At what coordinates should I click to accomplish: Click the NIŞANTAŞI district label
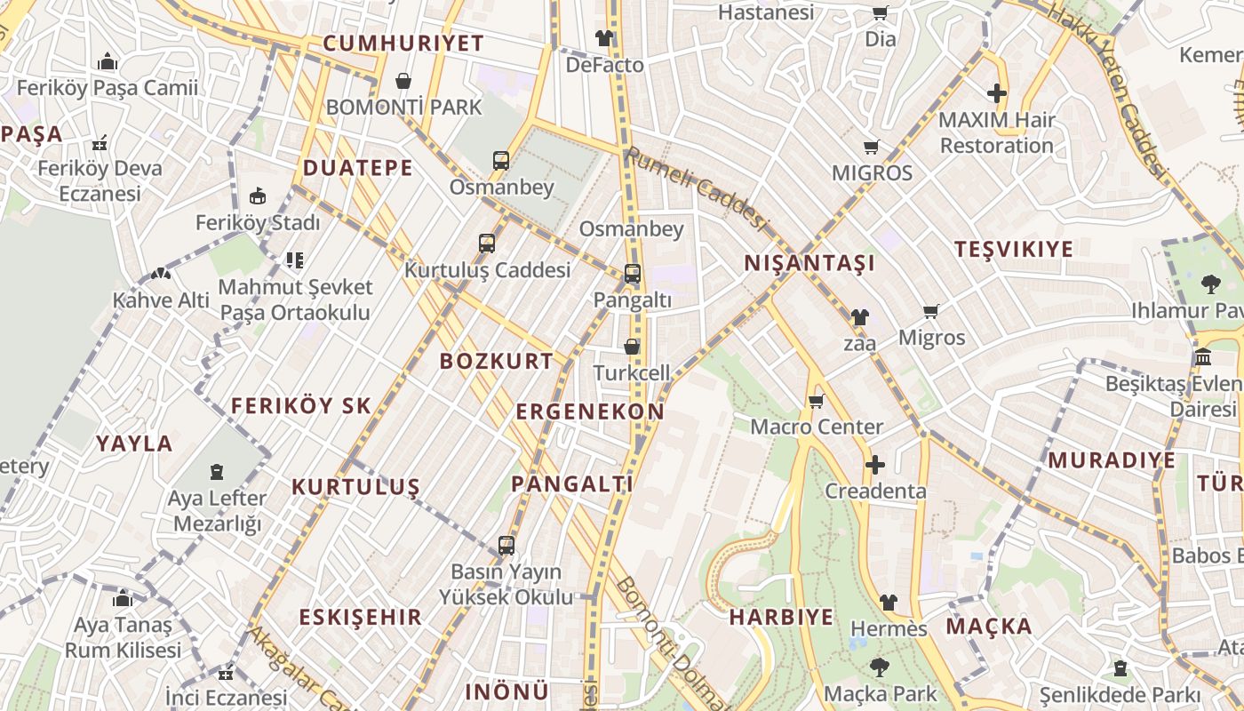point(809,262)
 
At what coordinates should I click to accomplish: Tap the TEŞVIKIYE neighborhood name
point(1014,249)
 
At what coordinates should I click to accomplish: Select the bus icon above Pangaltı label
point(632,274)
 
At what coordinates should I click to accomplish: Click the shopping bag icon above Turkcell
point(631,347)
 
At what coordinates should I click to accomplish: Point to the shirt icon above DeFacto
point(604,38)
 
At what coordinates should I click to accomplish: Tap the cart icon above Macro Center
point(817,401)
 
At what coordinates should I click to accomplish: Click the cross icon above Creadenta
point(875,465)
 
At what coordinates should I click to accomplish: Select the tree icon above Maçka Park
point(880,667)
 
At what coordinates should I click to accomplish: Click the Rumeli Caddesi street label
point(695,188)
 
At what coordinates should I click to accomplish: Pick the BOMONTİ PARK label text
point(403,108)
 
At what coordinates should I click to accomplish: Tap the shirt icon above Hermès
point(888,603)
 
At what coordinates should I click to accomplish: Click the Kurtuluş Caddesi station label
point(487,269)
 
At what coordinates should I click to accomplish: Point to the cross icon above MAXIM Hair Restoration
point(997,93)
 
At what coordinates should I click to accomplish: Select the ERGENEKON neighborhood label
point(590,411)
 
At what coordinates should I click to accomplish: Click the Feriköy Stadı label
point(258,223)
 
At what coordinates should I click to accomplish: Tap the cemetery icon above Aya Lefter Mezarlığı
point(217,471)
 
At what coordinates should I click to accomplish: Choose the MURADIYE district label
point(1111,460)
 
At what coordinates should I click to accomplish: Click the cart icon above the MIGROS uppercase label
point(871,147)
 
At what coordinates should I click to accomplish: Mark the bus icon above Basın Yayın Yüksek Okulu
point(506,545)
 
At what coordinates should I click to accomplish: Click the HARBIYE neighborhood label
point(781,617)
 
